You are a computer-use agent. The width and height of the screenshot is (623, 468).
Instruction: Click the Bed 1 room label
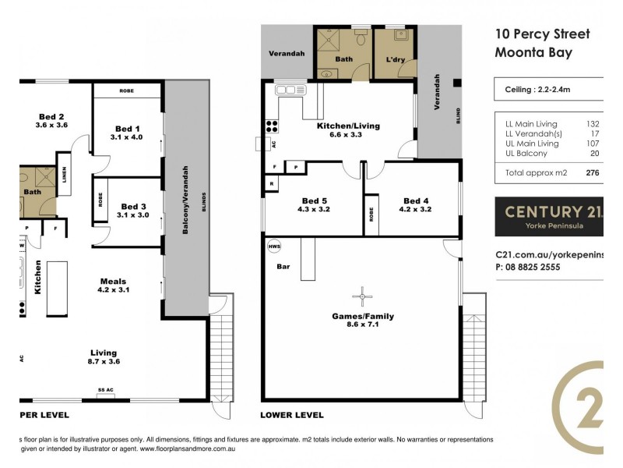(x=127, y=129)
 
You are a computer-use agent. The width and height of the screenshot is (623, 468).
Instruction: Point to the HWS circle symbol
(x=274, y=246)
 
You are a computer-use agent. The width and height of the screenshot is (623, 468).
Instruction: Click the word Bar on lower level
(x=283, y=266)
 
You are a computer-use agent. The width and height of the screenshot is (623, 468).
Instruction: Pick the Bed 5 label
(x=315, y=200)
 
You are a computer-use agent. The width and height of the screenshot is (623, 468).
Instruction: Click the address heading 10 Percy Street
(x=542, y=34)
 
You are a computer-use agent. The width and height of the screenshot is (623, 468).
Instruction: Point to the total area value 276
(x=591, y=173)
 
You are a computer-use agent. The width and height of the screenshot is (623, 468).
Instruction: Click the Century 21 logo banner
(x=549, y=216)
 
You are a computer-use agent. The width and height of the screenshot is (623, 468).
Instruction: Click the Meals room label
(x=113, y=282)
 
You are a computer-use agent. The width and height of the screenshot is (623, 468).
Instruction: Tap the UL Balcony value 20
(x=594, y=154)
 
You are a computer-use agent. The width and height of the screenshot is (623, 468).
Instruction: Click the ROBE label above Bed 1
(x=126, y=91)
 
